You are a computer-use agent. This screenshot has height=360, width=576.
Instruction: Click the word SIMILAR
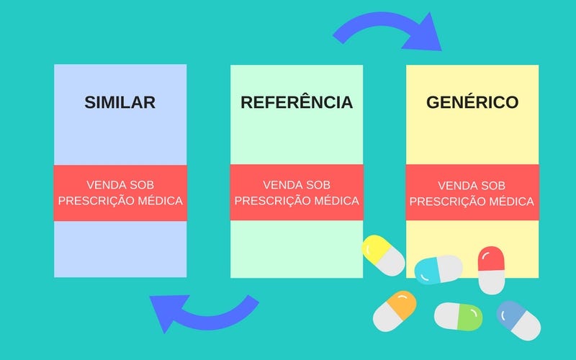(x=120, y=102)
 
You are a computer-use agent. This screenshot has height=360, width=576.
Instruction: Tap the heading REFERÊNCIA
(x=297, y=102)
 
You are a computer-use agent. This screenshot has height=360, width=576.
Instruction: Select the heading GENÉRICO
(x=472, y=102)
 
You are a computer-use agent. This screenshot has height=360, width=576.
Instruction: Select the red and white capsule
(x=491, y=269)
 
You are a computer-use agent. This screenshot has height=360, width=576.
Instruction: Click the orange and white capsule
(x=394, y=311)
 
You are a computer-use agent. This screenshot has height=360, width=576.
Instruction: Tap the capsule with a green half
(x=458, y=316)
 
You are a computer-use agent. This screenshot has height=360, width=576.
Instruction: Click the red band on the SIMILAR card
(x=120, y=192)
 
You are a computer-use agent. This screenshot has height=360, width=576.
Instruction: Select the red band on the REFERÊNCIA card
(x=297, y=192)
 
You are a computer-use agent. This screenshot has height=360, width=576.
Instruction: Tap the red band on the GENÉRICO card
(x=472, y=192)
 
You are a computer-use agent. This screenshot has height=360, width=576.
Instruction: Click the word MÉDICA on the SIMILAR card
(x=161, y=200)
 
